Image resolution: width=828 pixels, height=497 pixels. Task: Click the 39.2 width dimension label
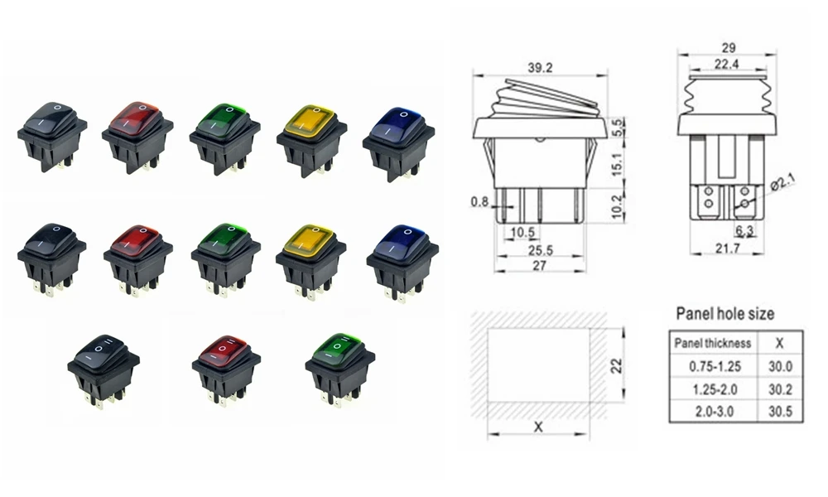(x=540, y=68)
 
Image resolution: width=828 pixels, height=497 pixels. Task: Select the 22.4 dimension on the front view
(x=727, y=64)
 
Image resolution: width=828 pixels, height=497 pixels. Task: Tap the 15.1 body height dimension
(x=616, y=164)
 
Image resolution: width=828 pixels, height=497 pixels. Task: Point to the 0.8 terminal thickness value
(x=479, y=201)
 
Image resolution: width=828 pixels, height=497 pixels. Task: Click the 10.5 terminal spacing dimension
(x=522, y=232)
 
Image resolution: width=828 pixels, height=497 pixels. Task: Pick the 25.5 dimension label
(x=540, y=250)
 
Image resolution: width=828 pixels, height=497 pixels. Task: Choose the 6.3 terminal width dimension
(x=744, y=230)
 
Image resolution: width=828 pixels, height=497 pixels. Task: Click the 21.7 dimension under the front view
(x=728, y=248)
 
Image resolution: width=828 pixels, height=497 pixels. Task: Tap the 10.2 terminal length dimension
(x=616, y=206)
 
